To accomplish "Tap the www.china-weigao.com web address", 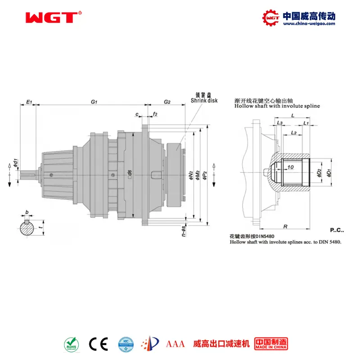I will [x=308, y=24].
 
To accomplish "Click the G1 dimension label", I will [x=94, y=102].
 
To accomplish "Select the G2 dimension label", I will [x=167, y=102].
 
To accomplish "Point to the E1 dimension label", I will [x=29, y=102].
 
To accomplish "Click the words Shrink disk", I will [x=204, y=101].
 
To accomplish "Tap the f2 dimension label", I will [x=155, y=114].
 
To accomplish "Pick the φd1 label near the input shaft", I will [x=15, y=163].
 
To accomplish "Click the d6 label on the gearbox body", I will [x=130, y=173].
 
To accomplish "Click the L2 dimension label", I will [x=293, y=132].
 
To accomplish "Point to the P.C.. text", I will [x=337, y=230].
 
